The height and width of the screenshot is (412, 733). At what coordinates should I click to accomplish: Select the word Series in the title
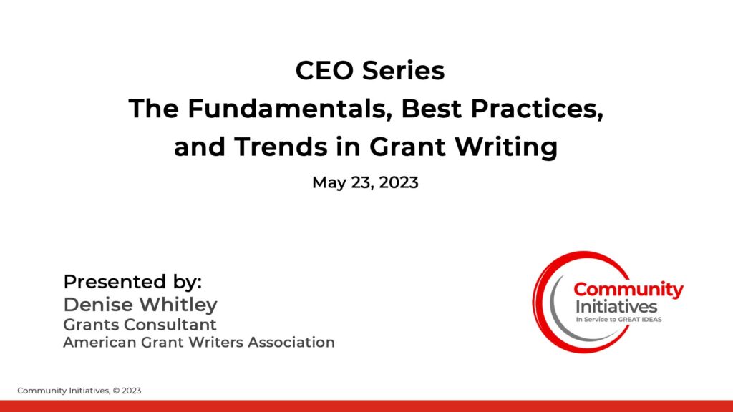(x=404, y=71)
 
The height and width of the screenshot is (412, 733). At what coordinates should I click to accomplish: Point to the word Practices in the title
(x=537, y=109)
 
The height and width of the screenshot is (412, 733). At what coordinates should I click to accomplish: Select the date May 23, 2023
(x=365, y=182)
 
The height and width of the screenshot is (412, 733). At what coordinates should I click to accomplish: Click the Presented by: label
(x=132, y=282)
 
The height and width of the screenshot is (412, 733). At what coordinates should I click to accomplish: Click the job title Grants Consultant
(x=140, y=325)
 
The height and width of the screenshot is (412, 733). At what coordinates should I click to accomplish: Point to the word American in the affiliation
(x=99, y=343)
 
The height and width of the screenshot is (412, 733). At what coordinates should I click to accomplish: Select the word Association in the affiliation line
(x=291, y=343)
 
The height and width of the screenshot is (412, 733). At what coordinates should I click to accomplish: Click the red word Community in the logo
(x=628, y=290)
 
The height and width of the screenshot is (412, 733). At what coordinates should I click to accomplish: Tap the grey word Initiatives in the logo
(x=616, y=307)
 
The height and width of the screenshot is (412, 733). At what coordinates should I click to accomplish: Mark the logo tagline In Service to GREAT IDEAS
(x=618, y=320)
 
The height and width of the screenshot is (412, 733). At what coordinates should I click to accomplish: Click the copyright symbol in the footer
(x=116, y=391)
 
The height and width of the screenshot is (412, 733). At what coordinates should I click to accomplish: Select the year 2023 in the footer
(x=132, y=391)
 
